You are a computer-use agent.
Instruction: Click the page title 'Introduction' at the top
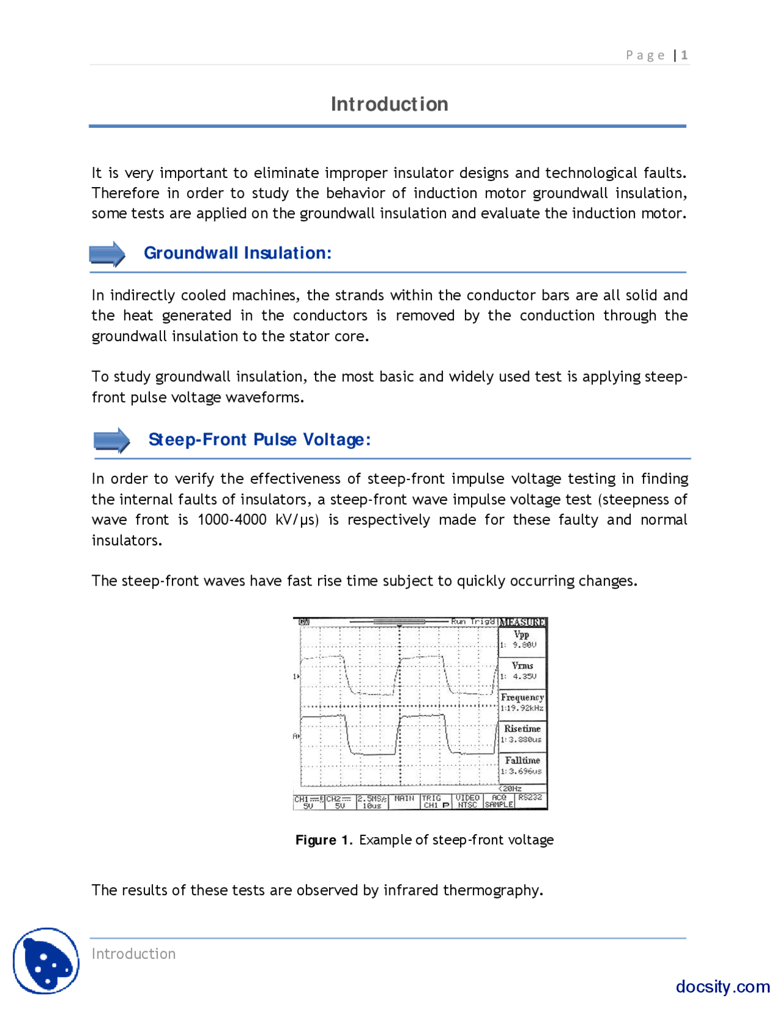tap(389, 104)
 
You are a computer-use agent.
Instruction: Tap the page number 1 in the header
tap(684, 55)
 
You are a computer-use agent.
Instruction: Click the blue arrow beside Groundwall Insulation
tap(107, 253)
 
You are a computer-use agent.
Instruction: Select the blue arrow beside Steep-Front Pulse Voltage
tap(112, 440)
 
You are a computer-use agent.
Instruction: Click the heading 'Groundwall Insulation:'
tap(238, 253)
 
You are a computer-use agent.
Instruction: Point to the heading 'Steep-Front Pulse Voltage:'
tap(260, 439)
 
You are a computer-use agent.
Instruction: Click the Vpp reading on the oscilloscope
tap(522, 639)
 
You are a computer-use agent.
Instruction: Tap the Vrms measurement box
tap(522, 671)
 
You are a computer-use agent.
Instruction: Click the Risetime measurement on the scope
tap(522, 734)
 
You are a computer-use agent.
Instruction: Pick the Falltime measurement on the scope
tap(522, 766)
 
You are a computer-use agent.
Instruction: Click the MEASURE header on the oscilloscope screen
tap(522, 622)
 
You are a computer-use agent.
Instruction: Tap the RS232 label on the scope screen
tap(530, 798)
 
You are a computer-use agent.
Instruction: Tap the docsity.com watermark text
tap(723, 986)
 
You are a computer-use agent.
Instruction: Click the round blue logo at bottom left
tap(46, 961)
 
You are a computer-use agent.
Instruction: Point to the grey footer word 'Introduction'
tap(133, 954)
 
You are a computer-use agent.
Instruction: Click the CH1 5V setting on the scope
tap(308, 802)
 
